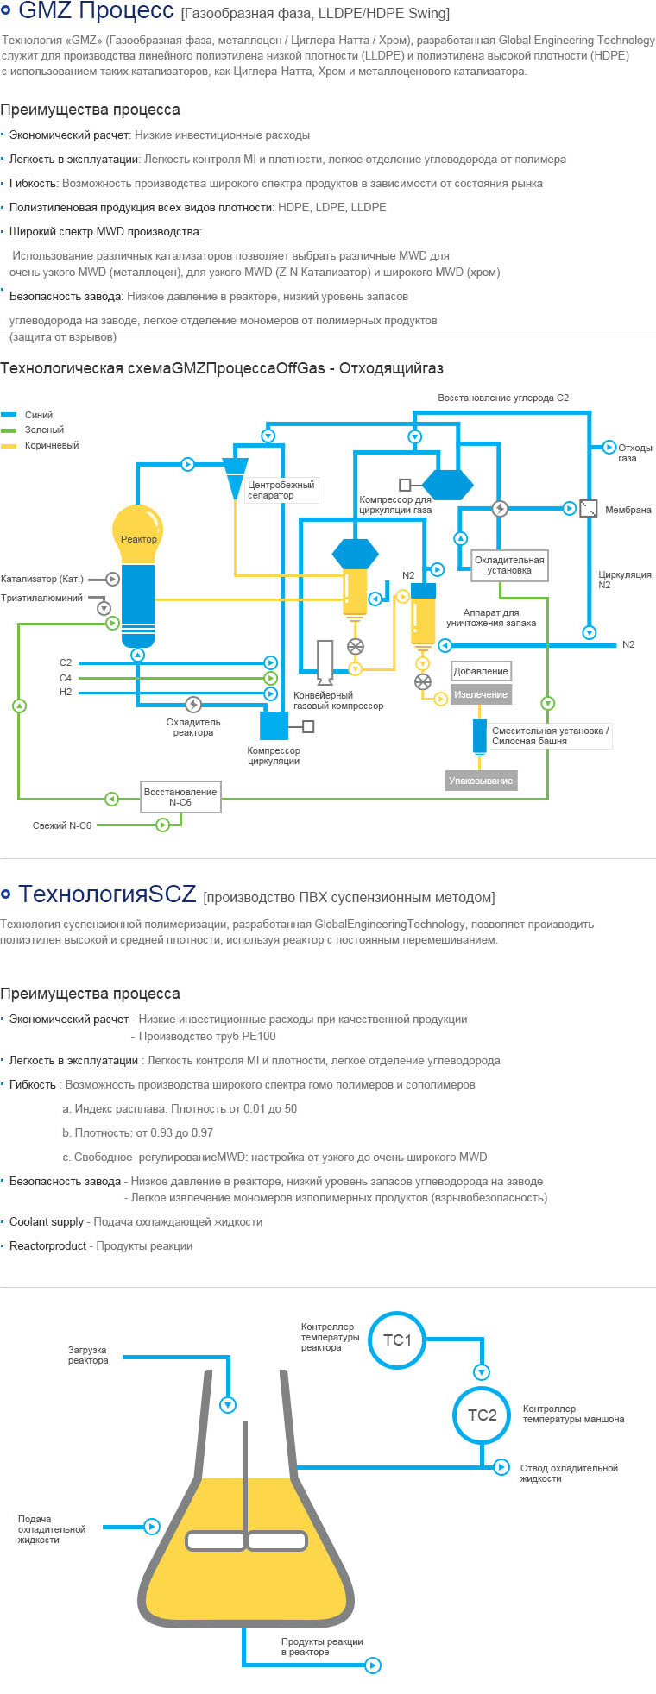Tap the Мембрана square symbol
pos(588,508)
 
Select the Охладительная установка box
pos(509,565)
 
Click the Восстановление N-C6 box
pos(180,796)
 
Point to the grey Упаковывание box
pos(481,781)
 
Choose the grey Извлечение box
pos(481,694)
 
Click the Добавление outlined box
pos(481,671)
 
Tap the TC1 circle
pos(397,1340)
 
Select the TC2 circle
pos(482,1415)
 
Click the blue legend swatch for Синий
pos(9,415)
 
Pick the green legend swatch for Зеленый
pos(9,430)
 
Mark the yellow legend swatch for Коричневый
pos(9,445)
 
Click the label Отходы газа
pos(634,453)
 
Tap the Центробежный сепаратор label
pos(281,490)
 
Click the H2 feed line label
pos(66,692)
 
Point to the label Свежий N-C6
pos(62,825)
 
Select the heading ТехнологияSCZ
pos(107,894)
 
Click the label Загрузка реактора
pos(88,1355)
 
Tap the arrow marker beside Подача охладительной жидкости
pos(152,1527)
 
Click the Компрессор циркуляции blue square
pos(274,725)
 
